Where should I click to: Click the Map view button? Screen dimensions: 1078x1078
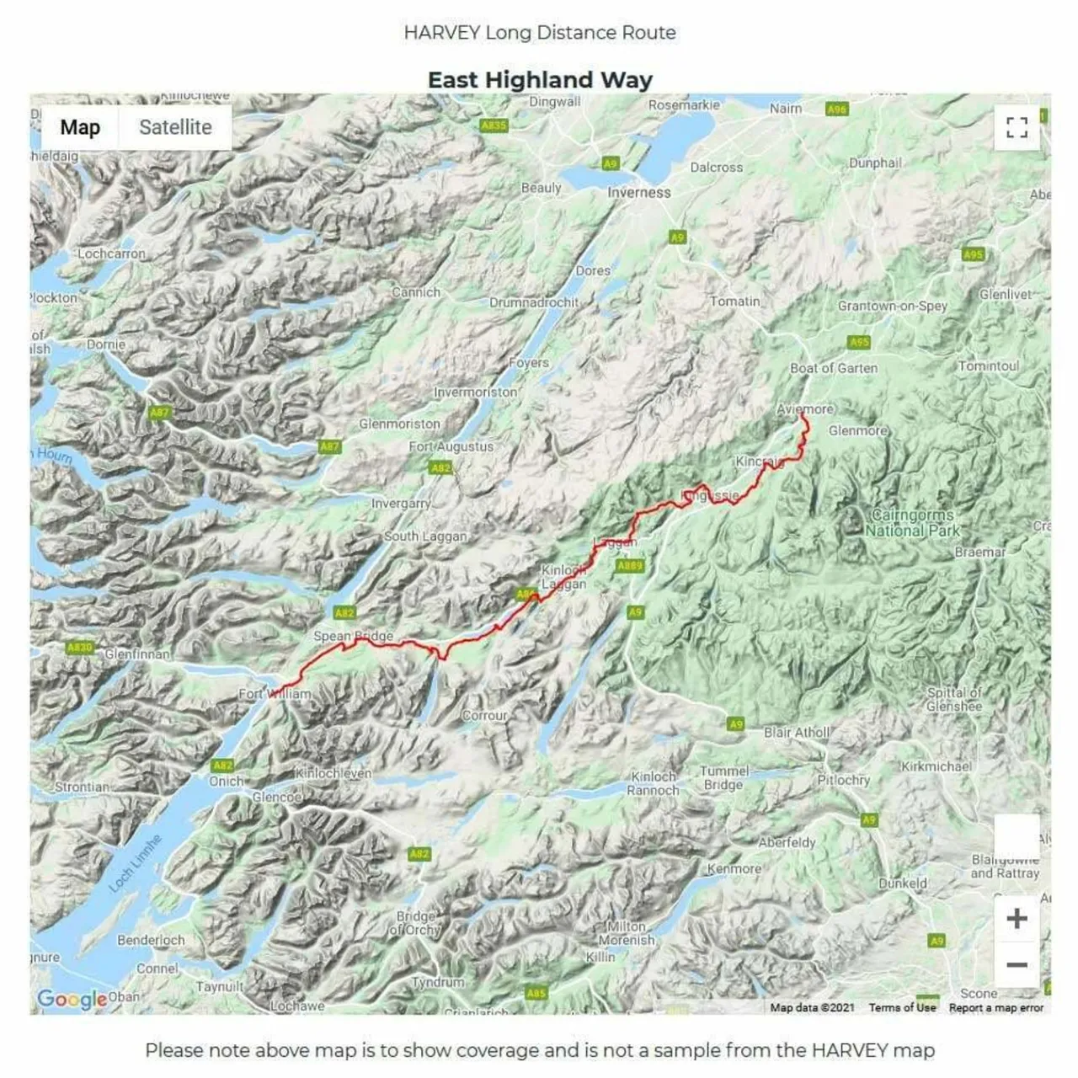[x=80, y=127]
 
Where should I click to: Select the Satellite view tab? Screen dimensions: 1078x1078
[x=175, y=127]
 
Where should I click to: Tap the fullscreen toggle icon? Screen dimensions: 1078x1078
[x=1017, y=127]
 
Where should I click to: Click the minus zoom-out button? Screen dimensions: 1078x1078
[x=1017, y=965]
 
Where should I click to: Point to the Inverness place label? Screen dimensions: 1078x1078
[x=639, y=193]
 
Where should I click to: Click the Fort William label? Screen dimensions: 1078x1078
[x=275, y=694]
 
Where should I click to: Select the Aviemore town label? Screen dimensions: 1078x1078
[x=805, y=409]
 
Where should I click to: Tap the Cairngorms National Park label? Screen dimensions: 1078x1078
[x=913, y=523]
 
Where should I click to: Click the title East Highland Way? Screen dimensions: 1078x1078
[x=540, y=80]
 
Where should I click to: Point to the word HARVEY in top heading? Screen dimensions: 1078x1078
[x=441, y=33]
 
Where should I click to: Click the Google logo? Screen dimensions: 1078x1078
[x=72, y=1000]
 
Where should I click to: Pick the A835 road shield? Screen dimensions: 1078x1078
[x=494, y=125]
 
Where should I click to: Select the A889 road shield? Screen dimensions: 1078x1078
[x=630, y=566]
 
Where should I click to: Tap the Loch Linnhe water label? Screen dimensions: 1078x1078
[x=134, y=864]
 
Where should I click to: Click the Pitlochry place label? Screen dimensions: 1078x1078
[x=843, y=780]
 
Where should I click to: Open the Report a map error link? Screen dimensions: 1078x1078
[x=995, y=1007]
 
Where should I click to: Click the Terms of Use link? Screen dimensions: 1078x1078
[x=902, y=1007]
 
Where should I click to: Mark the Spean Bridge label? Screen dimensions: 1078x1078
[x=353, y=636]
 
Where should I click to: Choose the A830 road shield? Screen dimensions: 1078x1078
[x=80, y=647]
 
